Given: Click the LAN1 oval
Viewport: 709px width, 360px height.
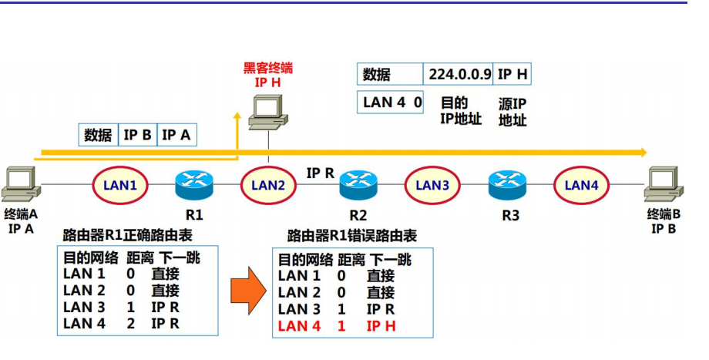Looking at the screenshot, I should point(120,185).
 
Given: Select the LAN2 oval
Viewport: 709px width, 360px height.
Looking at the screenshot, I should point(268,185).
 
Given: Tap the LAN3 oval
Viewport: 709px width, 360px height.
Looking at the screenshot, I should point(432,185).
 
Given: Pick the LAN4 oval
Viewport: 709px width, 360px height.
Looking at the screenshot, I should point(581,185).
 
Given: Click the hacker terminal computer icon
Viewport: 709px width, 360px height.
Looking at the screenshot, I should point(268,111).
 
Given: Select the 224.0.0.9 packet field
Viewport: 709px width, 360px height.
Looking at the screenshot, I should point(458,75).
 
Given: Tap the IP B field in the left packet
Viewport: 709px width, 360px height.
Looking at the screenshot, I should point(138,135).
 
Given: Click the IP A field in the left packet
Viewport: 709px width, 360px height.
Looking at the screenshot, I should point(176,135).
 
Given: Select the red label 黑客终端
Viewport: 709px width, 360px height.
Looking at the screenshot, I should point(268,69).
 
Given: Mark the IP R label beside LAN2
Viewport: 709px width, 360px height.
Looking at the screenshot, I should point(321,173).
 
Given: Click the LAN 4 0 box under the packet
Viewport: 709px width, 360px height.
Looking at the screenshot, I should point(392,102).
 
